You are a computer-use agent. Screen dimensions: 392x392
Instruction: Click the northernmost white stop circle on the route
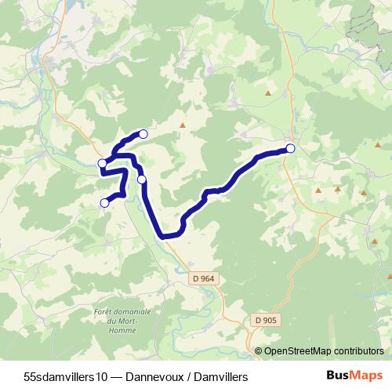click(x=143, y=133)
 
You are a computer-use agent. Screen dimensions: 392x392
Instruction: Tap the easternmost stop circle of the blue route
click(x=290, y=148)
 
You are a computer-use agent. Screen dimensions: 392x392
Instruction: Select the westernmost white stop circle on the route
click(x=102, y=163)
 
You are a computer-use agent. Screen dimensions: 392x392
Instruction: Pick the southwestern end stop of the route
click(x=104, y=203)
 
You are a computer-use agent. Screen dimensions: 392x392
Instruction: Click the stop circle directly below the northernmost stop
click(x=142, y=180)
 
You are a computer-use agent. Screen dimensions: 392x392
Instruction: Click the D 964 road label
click(x=202, y=278)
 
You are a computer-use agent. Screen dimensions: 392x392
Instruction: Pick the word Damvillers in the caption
click(x=220, y=377)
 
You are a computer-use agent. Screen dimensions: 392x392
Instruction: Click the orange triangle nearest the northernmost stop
click(x=183, y=125)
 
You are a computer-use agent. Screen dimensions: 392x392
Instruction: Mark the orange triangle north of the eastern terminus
click(x=269, y=94)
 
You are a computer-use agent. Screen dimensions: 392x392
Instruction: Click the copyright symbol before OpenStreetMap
click(x=260, y=350)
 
